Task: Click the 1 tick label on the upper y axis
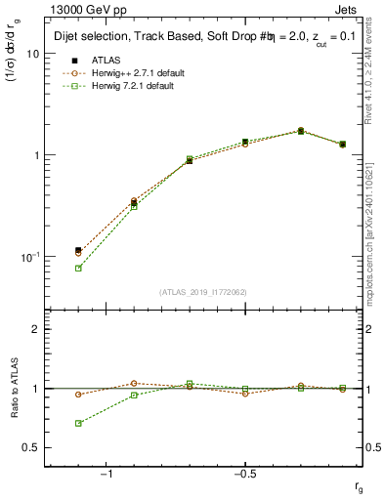(36, 155)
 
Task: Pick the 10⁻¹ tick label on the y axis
(31, 256)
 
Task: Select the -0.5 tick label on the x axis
(244, 473)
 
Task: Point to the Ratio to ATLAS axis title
(13, 388)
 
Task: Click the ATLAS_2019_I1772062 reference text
(203, 292)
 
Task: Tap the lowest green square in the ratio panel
(78, 424)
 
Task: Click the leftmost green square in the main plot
(78, 268)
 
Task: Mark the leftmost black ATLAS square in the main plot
(78, 251)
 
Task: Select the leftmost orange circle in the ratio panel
(78, 395)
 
